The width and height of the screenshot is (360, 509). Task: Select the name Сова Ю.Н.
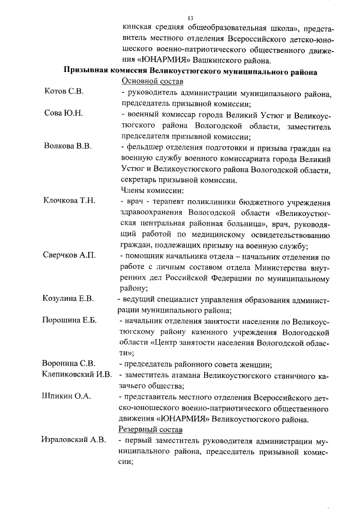(63, 114)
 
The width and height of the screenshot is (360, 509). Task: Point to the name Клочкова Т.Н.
(69, 201)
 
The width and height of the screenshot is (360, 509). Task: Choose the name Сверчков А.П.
(69, 255)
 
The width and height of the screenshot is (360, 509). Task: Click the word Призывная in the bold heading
(87, 71)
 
